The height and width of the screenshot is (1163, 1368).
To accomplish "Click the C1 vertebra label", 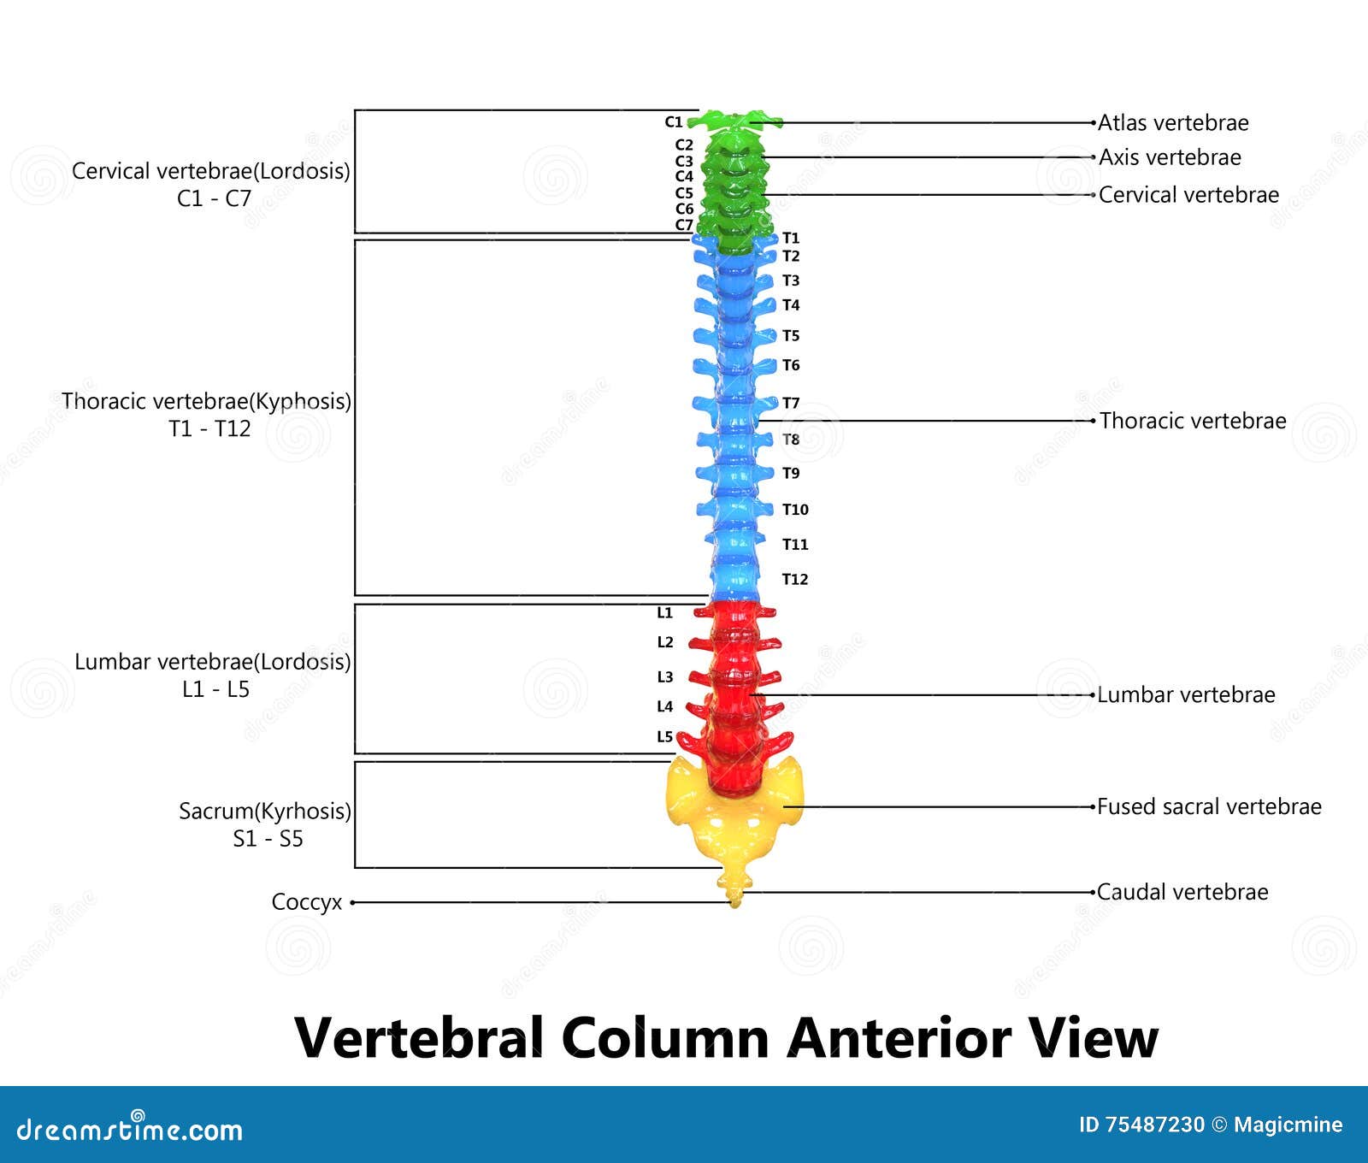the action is pos(674,122).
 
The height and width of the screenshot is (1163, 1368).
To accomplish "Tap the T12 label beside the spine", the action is pos(795,579).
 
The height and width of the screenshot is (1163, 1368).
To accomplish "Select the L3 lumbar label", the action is pos(665,676).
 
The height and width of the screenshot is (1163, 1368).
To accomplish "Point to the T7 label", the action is pos(791,403).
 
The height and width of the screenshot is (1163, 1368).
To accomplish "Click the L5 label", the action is pos(665,736).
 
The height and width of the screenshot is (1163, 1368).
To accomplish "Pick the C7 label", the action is pos(684,225).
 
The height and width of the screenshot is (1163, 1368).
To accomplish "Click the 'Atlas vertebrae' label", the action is pos(1173,123).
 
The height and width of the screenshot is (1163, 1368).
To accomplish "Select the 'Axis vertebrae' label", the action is pos(1170,157).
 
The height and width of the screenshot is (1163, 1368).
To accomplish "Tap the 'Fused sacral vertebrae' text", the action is pos(1209,806).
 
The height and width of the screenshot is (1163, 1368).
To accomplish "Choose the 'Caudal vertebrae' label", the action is pos(1182,892).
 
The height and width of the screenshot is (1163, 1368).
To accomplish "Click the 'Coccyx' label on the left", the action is pos(307,902).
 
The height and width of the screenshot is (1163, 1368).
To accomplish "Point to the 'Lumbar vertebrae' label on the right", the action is pos(1186,694).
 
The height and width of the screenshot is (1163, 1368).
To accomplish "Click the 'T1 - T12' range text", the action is pos(210,428).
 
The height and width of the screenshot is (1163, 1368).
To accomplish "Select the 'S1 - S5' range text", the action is pos(268,839).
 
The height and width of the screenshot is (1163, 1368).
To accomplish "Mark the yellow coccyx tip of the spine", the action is pos(734,900).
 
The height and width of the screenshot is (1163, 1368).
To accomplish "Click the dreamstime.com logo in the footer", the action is pos(130,1129).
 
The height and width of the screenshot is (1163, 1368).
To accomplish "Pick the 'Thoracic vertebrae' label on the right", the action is pos(1193,421).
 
